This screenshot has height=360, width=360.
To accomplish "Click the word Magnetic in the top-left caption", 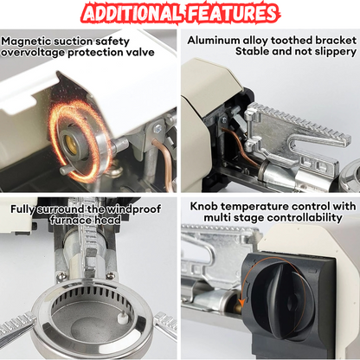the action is coord(26,42).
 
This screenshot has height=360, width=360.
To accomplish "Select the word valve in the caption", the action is coord(139,52).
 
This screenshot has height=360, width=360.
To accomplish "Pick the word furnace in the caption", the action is coord(68,220).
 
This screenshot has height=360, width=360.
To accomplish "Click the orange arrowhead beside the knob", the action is coord(241,302).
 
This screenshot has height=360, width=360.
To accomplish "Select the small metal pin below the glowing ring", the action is coord(65,170).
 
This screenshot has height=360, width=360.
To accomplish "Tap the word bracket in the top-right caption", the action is coord(336,40).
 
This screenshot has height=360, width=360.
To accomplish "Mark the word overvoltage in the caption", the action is coord(33,53).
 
